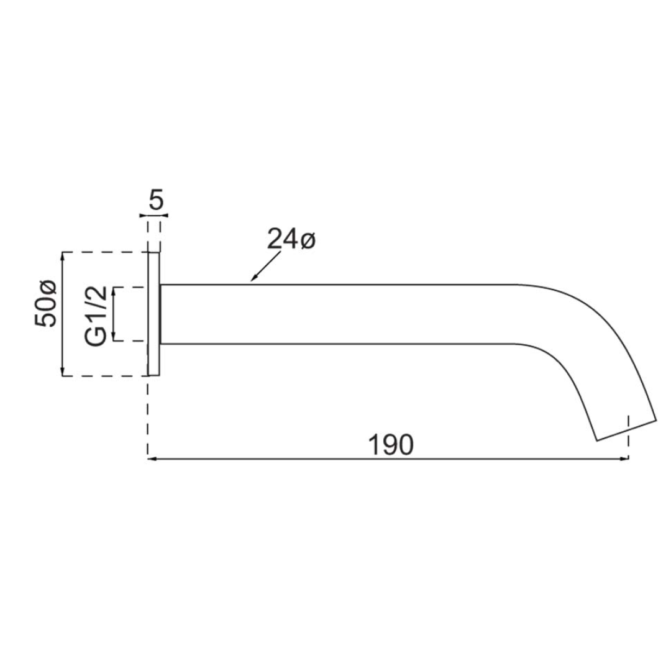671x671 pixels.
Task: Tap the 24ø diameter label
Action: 291,239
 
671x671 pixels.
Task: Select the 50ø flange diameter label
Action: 45,303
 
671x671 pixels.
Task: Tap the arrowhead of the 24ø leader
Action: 253,278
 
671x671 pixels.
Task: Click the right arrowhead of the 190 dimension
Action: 625,459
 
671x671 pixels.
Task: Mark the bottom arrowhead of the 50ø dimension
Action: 63,372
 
